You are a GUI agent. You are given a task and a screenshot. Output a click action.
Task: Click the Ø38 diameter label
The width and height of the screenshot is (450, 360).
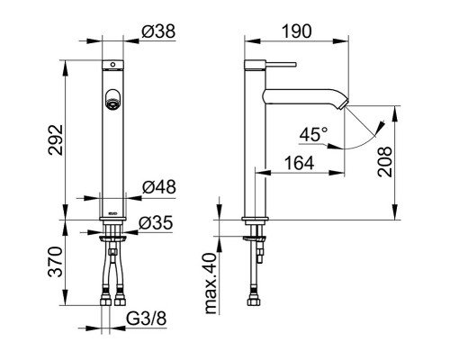158,31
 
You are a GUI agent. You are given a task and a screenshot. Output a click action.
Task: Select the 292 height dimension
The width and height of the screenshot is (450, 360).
56,139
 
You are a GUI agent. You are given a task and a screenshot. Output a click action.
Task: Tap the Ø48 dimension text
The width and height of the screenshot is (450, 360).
159,187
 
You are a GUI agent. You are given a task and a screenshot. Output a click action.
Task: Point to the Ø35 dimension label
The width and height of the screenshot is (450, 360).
156,223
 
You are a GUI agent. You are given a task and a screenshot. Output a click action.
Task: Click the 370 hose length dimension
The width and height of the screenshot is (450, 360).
56,262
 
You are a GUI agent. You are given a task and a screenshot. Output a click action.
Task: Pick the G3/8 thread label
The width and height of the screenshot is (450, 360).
146,319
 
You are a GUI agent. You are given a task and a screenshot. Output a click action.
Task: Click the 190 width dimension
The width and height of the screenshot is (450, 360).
297,31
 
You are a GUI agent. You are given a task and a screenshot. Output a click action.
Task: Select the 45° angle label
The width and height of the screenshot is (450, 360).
313,134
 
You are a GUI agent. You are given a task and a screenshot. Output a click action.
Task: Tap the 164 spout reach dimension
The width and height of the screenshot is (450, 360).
299,164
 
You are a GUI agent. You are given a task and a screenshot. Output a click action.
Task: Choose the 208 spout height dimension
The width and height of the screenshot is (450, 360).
385,162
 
